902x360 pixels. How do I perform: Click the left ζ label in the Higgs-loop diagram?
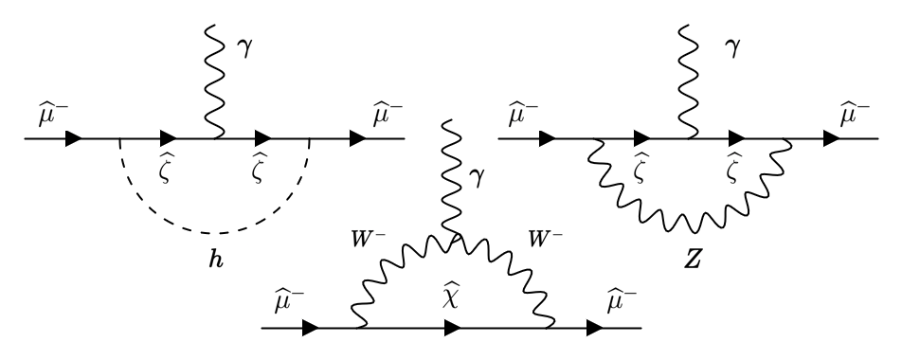coord(168,168)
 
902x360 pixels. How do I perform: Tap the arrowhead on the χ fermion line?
coord(452,330)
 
